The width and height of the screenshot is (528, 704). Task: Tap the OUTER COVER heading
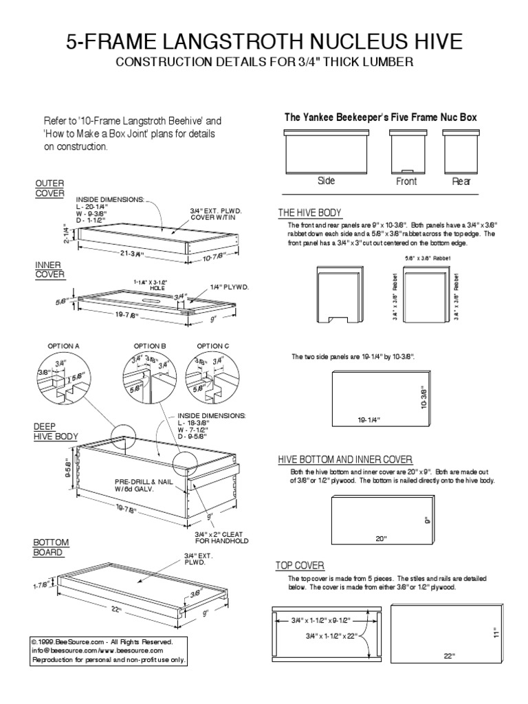49,188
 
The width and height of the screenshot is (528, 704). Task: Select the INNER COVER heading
49,269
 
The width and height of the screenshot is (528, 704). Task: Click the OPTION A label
64,345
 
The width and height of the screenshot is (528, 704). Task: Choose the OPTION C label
213,345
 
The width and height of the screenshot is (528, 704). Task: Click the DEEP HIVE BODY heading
56,431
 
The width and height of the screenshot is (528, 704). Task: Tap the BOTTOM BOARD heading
51,547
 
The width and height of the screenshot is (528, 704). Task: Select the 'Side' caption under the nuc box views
326,181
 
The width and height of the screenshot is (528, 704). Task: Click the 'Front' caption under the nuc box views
406,182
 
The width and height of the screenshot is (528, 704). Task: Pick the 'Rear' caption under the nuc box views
461,182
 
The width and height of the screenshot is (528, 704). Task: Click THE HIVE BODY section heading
309,212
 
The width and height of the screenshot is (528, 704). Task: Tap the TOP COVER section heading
300,565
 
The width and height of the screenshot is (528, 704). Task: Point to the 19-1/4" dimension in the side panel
368,419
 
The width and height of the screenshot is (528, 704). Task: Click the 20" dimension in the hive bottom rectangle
382,538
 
